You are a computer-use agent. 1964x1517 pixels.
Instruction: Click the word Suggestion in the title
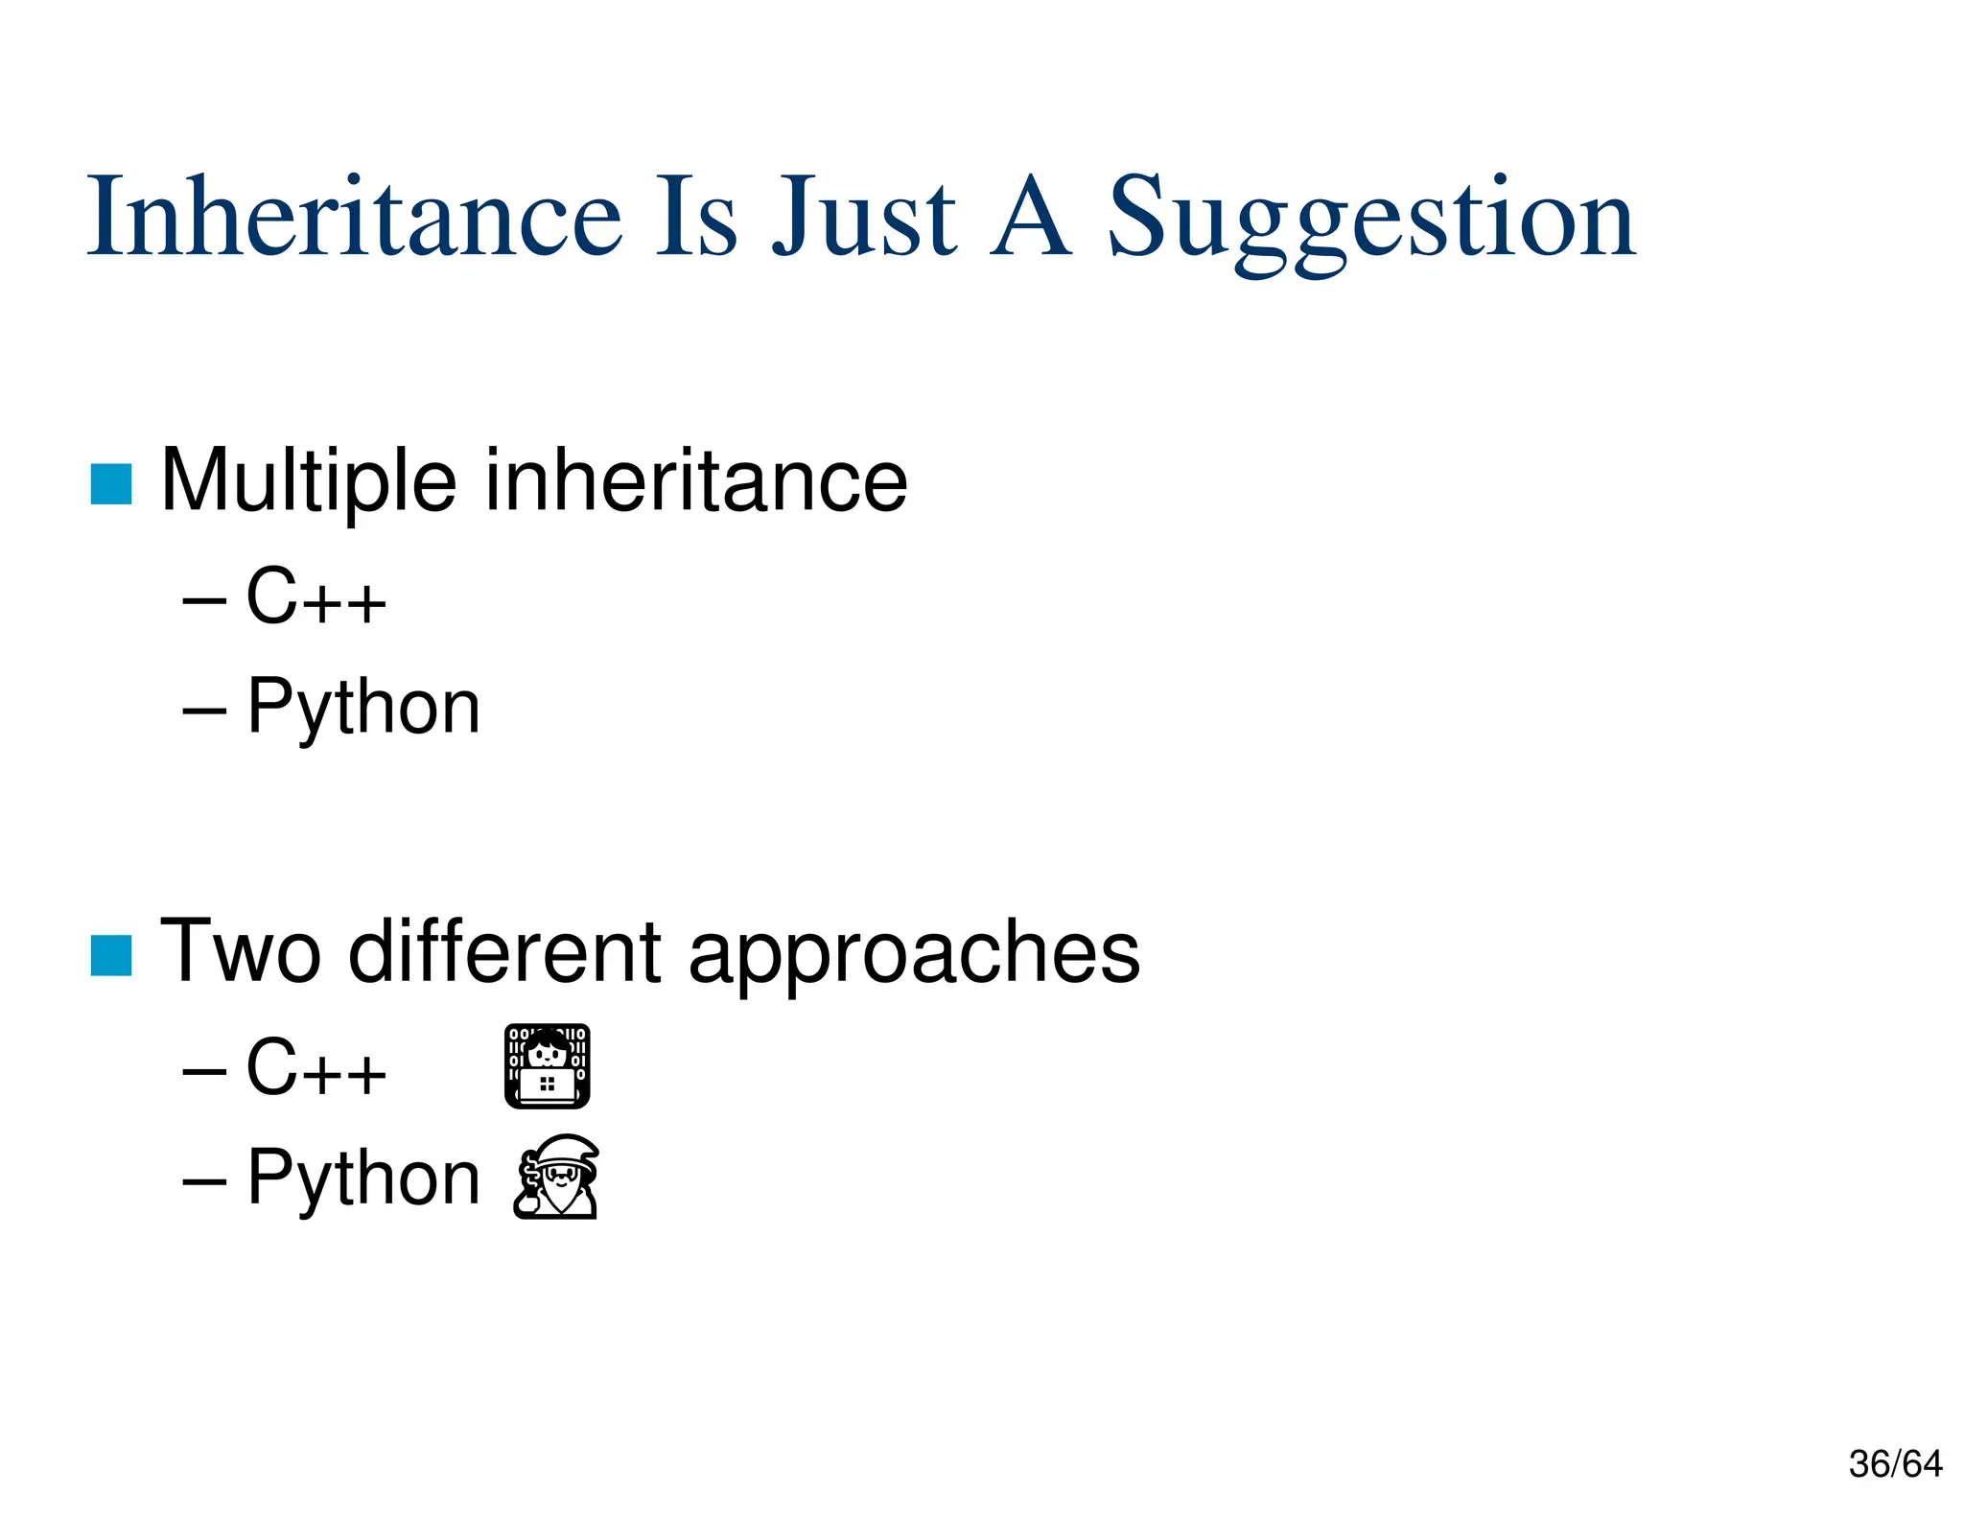(1371, 221)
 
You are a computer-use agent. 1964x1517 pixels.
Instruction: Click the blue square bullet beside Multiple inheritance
(111, 483)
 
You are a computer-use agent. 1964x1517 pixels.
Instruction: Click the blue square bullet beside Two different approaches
(111, 955)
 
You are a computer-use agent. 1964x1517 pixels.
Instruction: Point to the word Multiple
(308, 481)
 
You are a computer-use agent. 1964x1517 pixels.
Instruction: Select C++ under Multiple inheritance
(316, 596)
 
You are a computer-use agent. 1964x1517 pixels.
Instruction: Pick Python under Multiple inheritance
(363, 708)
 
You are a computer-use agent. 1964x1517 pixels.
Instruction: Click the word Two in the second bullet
(240, 951)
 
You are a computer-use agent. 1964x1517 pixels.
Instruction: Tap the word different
(504, 951)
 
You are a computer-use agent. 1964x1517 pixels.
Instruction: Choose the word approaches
(914, 955)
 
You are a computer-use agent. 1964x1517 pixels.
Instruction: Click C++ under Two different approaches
(316, 1067)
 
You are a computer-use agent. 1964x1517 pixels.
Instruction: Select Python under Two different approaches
(363, 1179)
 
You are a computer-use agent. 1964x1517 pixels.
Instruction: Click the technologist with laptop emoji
(547, 1066)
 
